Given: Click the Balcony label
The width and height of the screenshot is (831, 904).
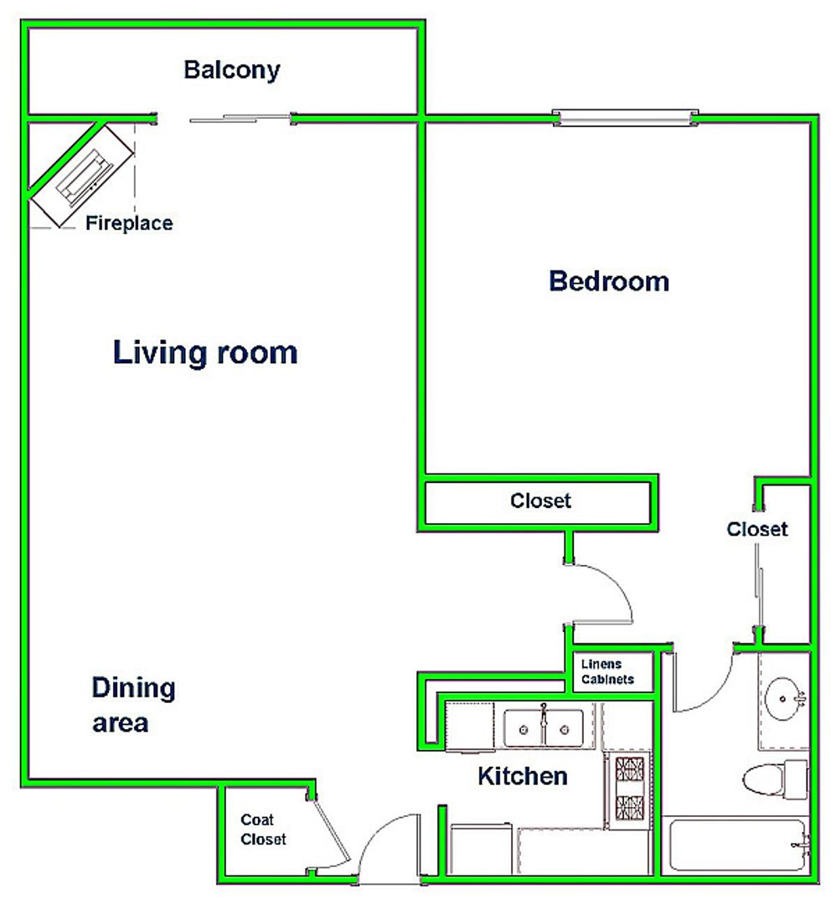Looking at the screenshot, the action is click(232, 70).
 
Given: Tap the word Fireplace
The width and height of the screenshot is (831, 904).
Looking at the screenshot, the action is click(129, 223).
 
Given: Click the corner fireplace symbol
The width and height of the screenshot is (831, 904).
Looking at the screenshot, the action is click(83, 175).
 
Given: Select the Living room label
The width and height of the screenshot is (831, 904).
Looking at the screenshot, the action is click(205, 353).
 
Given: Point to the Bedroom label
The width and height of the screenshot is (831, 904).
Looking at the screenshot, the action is click(609, 281).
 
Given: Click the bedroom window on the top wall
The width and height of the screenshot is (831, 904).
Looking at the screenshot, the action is click(625, 118).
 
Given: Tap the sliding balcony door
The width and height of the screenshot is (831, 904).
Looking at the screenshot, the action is click(240, 119).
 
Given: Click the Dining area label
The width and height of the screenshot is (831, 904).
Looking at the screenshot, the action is click(133, 705).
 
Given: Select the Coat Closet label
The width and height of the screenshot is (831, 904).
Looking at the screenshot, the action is click(262, 829).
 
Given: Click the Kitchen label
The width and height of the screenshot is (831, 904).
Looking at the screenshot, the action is click(522, 777).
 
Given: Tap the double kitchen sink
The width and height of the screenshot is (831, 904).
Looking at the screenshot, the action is click(543, 728).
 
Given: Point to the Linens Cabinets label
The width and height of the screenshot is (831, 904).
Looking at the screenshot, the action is click(607, 671).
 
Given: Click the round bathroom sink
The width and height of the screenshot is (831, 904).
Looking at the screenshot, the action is click(783, 699).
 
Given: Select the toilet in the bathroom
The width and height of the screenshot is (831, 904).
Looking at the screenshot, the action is click(774, 779).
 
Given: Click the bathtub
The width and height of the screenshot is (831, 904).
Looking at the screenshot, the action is click(737, 845).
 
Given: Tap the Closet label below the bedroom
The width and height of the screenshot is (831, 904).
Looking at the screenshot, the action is click(540, 501).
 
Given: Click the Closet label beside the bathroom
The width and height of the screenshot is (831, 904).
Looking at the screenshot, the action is click(756, 529).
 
